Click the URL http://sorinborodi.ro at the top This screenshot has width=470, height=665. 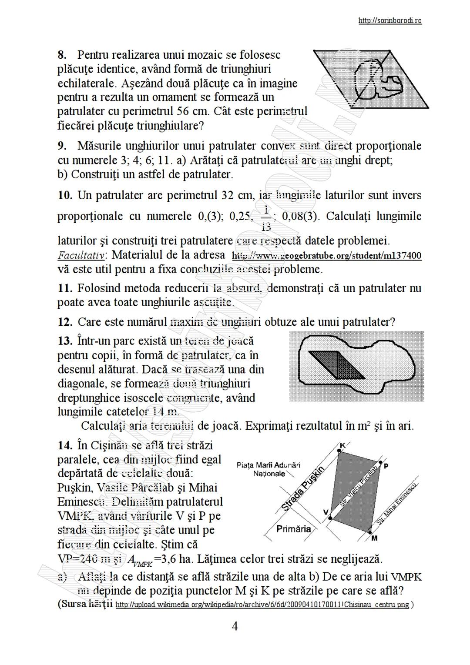(x=389, y=20)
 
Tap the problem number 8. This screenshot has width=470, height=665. (x=62, y=55)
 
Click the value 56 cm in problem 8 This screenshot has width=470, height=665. (x=191, y=111)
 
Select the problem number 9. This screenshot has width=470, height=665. (x=62, y=146)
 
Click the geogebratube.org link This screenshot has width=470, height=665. (x=326, y=255)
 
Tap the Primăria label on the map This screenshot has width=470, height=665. (x=294, y=529)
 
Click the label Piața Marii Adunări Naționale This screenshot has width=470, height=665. (x=269, y=469)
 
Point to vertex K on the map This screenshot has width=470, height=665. (x=342, y=446)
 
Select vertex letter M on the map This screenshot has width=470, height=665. (x=374, y=538)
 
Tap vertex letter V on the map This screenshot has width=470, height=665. (x=325, y=512)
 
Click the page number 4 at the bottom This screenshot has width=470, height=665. (x=235, y=627)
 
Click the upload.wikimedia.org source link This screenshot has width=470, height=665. (x=262, y=605)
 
